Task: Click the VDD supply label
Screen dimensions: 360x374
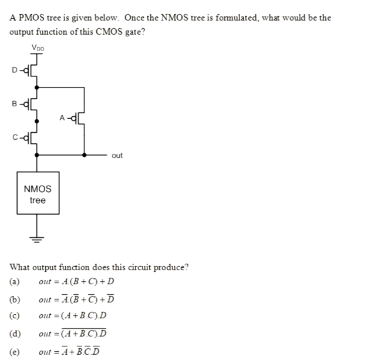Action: (37, 48)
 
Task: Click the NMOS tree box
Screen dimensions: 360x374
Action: (38, 194)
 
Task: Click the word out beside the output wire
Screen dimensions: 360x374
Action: (117, 156)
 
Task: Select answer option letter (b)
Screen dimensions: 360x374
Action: (14, 299)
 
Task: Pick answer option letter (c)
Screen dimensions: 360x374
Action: (14, 316)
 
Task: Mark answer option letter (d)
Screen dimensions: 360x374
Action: (14, 334)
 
